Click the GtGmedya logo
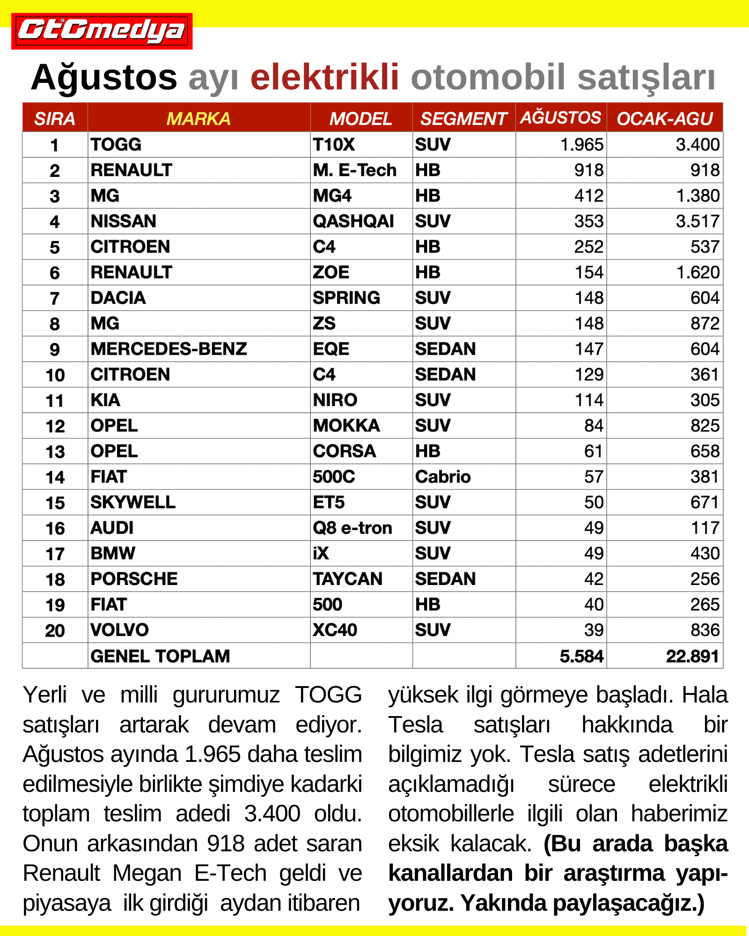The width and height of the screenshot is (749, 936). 102,31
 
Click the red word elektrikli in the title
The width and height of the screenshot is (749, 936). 324,77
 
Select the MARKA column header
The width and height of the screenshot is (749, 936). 198,119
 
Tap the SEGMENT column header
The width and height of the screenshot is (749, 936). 463,119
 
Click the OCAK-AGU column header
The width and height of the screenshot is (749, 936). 664,119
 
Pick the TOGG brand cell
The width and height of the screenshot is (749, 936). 116,145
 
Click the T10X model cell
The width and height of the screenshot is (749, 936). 334,145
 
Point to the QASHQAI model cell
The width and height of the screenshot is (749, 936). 353,221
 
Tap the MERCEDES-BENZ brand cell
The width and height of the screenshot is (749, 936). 169,349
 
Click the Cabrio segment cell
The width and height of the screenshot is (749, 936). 443,477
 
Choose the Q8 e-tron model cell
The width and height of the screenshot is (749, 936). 352,528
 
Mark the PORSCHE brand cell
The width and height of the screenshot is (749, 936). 134,579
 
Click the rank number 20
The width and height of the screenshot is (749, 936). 55,630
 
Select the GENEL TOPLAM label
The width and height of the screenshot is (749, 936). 160,656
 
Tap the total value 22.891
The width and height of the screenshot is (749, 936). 692,656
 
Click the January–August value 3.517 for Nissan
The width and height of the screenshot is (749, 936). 697,221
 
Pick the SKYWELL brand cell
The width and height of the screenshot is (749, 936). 133,503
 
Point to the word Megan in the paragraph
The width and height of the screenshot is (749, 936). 147,873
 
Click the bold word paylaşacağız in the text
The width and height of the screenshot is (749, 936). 625,903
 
